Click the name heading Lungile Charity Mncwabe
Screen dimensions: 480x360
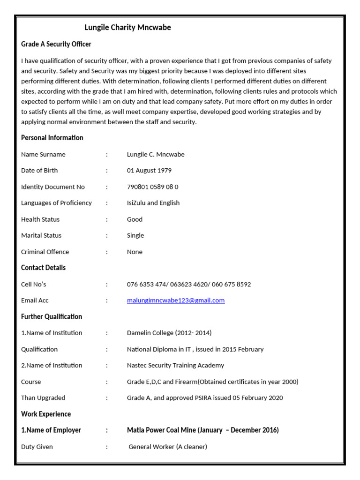127,28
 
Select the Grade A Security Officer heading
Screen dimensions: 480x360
56,44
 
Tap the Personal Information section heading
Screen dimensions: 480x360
52,138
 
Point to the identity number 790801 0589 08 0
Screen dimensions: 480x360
152,187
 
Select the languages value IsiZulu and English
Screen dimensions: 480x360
153,203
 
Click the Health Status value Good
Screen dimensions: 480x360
135,219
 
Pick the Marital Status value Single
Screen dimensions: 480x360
135,235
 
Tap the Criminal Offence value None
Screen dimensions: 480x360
135,252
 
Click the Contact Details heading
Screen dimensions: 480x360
43,268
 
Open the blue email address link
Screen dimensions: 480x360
175,300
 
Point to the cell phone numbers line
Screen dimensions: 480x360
188,285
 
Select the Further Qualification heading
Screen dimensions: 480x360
52,317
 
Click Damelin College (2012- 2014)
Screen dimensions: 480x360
169,333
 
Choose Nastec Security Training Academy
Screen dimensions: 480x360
175,365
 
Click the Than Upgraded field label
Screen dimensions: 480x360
43,398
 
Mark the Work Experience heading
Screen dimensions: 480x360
46,414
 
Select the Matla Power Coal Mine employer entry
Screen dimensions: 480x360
202,430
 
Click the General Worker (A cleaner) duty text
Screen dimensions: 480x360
168,447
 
